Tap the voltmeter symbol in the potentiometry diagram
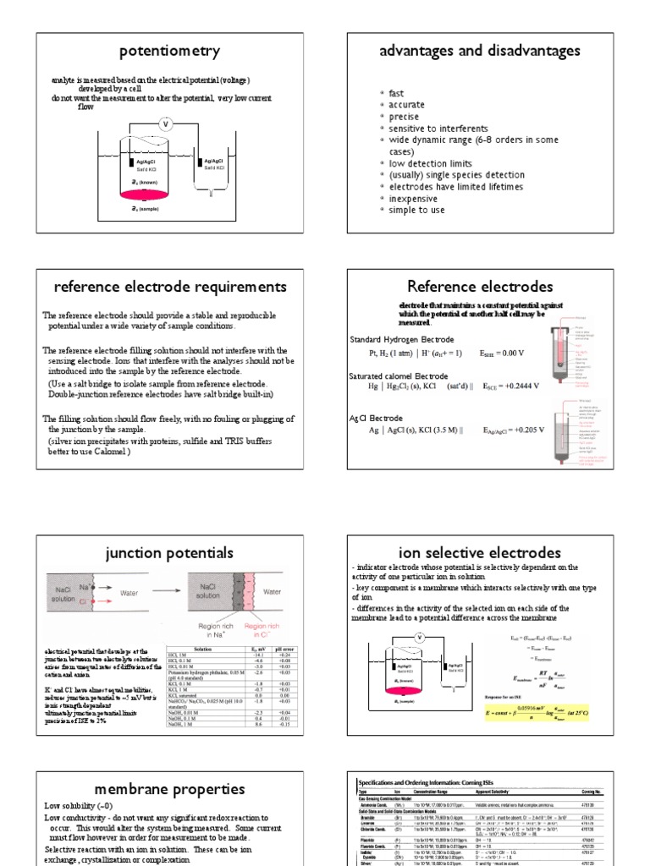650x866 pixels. click(x=165, y=123)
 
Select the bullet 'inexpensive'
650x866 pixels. click(x=416, y=199)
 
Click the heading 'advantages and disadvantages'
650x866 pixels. click(x=480, y=52)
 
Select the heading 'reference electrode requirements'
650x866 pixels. click(x=170, y=287)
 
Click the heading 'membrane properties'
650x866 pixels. click(x=170, y=789)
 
